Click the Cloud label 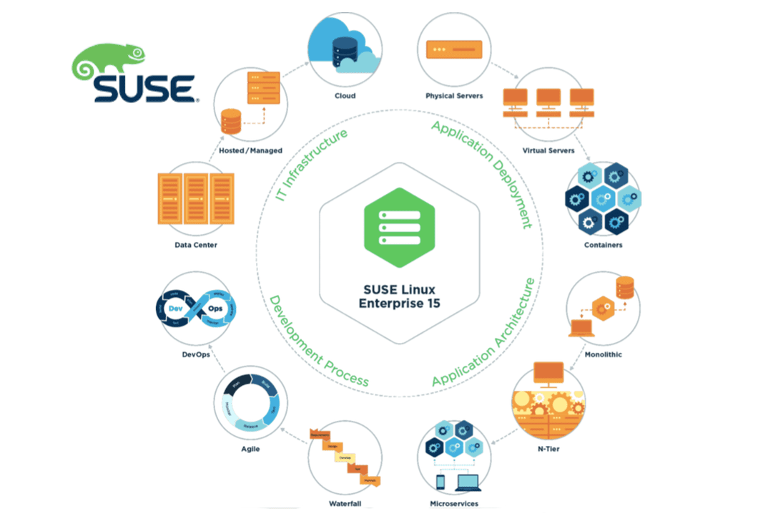345,96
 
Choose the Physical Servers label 454,96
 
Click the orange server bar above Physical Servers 454,49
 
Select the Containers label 603,245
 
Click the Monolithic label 603,354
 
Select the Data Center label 195,245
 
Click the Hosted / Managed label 250,151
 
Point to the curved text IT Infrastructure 310,164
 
